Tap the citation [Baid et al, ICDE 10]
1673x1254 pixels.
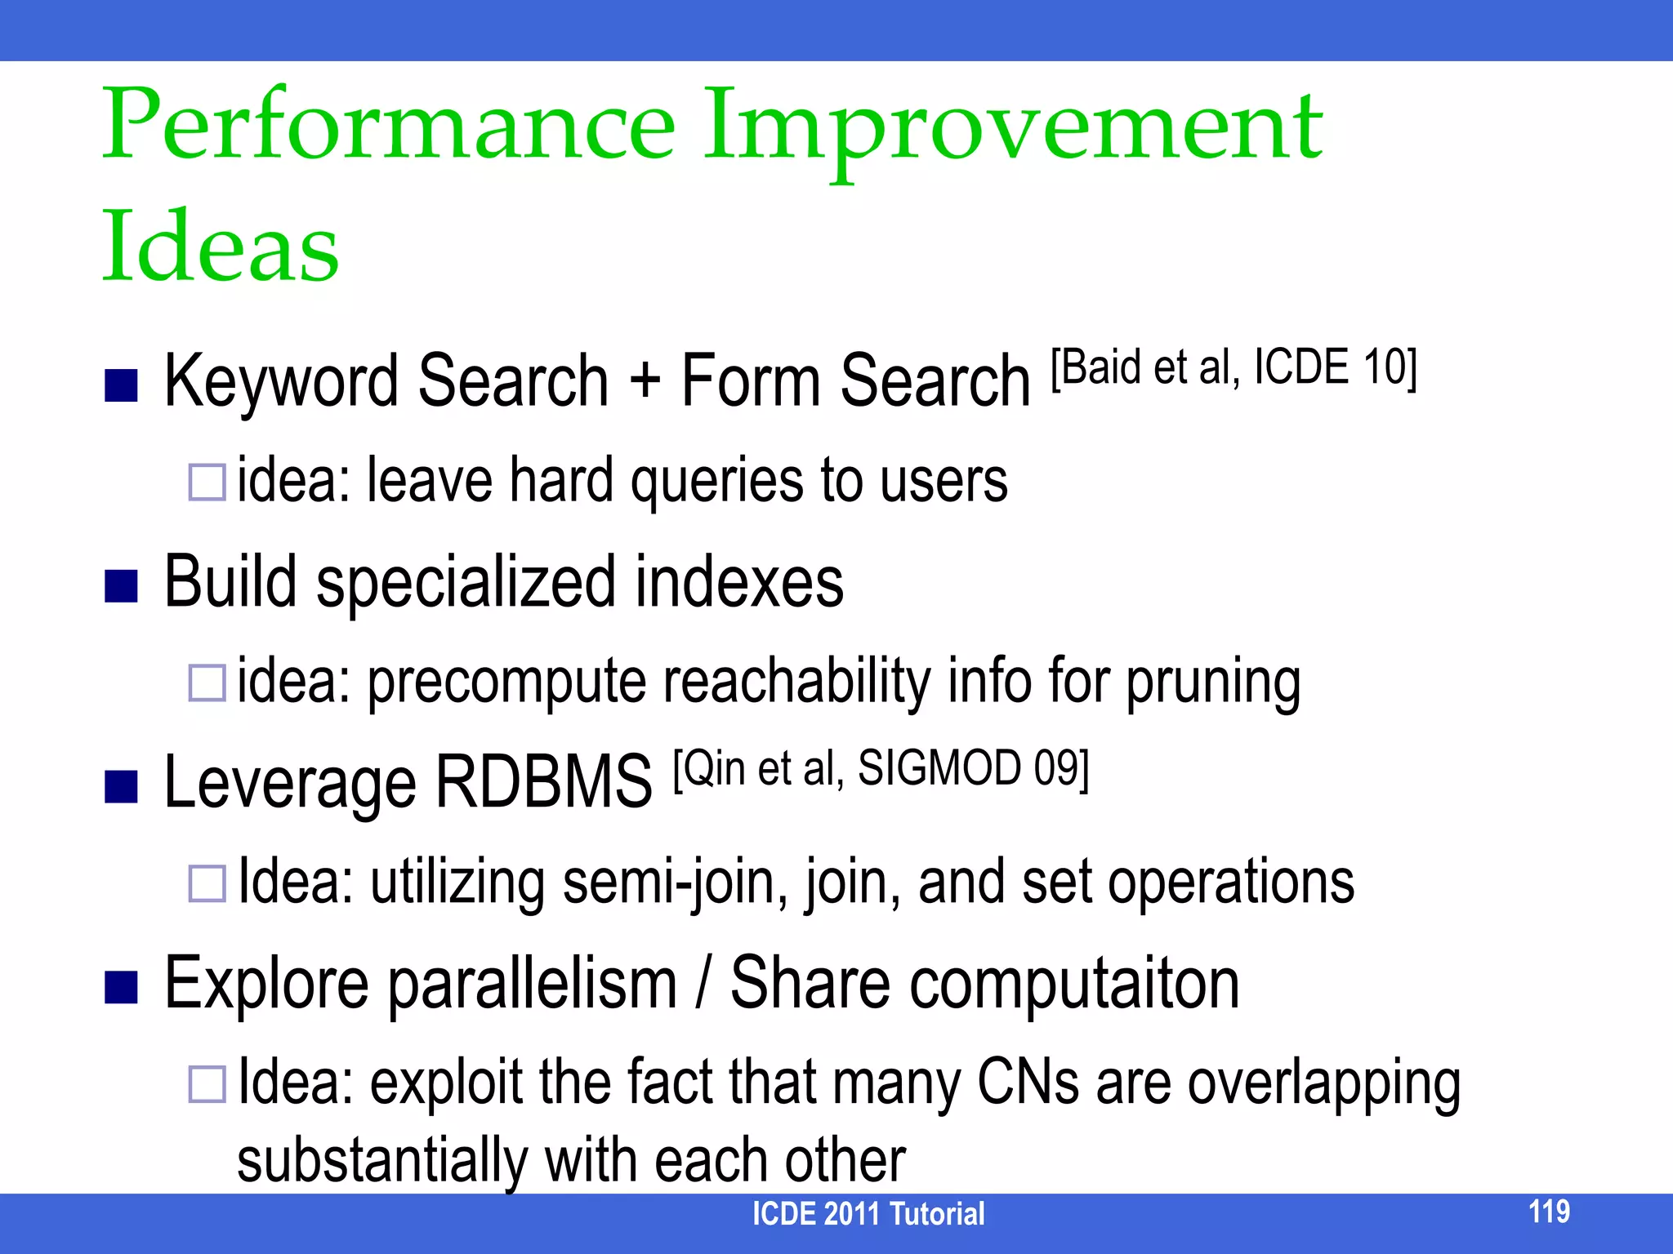1234,367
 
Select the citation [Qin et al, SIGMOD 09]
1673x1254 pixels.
881,769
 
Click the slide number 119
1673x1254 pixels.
1549,1212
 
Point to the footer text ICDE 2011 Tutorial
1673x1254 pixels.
868,1214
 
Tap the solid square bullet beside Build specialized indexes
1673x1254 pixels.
121,585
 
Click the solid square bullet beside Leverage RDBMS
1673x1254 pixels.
121,786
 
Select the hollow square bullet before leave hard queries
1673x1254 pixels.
207,482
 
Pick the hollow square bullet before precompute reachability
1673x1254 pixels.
207,683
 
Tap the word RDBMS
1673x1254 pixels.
543,782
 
